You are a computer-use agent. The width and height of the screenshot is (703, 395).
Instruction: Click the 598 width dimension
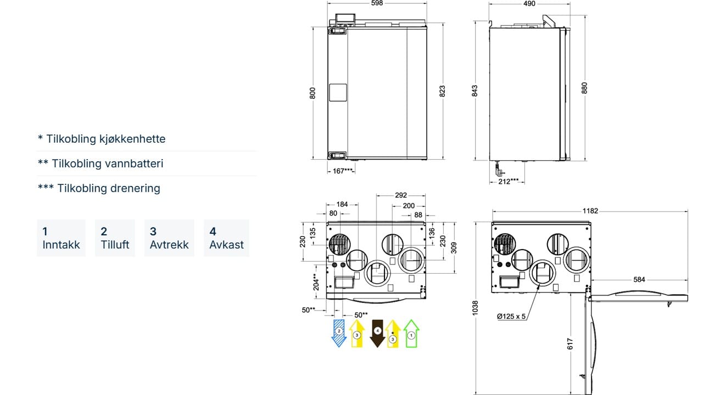(377, 3)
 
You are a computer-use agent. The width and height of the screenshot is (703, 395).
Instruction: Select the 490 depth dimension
(529, 3)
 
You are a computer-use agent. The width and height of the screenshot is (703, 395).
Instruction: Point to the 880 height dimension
(584, 88)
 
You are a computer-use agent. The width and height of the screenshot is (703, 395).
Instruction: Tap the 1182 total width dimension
(590, 211)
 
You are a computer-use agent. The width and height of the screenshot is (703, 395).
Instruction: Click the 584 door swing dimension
(639, 279)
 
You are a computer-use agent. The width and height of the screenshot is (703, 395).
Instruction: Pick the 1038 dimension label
(475, 308)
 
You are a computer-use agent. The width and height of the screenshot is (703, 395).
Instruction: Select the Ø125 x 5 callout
(511, 317)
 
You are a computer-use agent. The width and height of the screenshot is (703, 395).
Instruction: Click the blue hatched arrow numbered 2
(339, 333)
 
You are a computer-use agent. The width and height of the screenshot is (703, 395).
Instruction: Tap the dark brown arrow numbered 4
(377, 333)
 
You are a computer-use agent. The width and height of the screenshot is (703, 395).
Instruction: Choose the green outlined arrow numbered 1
(411, 333)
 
